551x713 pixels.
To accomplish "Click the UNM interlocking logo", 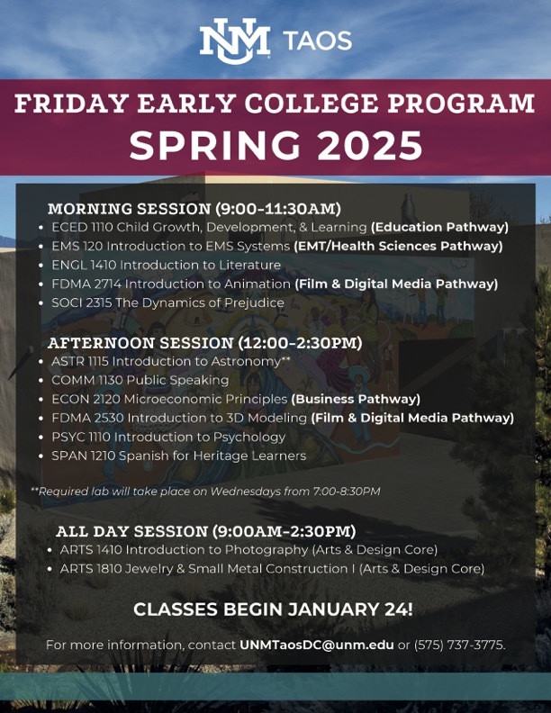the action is pos(235,41).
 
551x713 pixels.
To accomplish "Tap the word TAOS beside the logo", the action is pos(317,41).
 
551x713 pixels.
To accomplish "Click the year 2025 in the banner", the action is pos(370,146).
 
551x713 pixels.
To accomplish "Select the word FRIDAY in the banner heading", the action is pos(71,104).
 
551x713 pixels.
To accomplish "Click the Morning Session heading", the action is pos(194,209).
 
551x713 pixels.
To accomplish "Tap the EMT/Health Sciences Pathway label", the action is pos(398,246).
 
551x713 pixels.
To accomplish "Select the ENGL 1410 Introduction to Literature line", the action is pos(166,265).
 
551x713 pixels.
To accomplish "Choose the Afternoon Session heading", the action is pos(204,343).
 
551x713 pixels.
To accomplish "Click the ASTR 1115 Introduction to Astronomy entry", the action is pos(170,361).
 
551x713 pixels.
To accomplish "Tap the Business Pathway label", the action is pos(356,399).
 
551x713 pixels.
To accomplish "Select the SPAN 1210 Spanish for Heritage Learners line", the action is pos(178,456).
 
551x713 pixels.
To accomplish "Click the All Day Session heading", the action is pos(206,531).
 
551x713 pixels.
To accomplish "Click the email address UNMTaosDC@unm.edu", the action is pos(316,645).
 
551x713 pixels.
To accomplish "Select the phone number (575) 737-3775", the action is pos(460,645).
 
